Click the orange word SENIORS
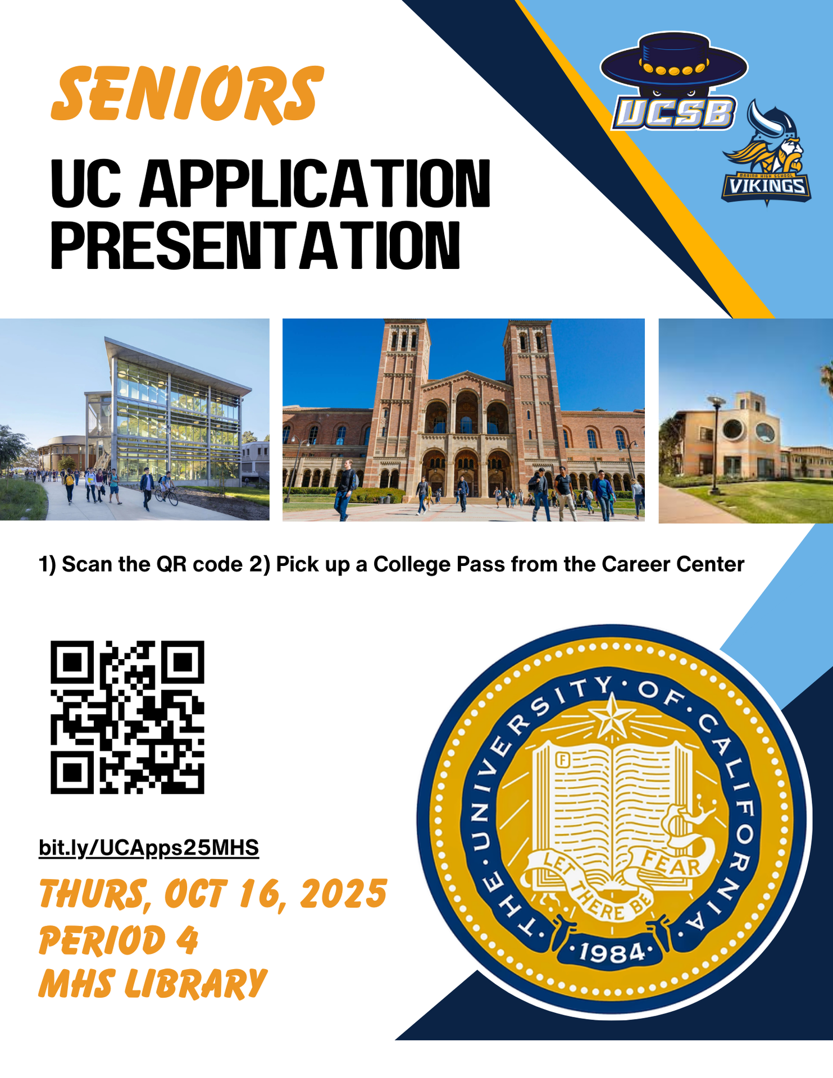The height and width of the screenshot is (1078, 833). point(187,94)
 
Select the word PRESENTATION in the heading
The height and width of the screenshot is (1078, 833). point(256,246)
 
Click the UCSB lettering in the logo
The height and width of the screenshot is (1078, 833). point(673,113)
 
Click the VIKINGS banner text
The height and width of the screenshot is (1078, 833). point(766,186)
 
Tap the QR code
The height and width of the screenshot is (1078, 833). point(128,717)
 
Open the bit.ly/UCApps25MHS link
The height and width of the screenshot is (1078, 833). point(149,847)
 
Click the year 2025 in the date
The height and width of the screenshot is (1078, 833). point(343,894)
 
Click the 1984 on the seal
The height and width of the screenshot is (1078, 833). point(612,952)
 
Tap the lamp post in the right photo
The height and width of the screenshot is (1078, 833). point(715,444)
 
